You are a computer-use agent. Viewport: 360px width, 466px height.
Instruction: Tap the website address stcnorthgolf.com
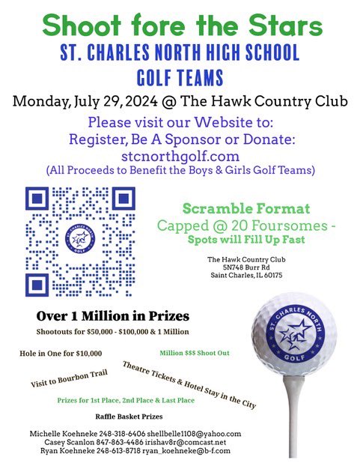click(180, 157)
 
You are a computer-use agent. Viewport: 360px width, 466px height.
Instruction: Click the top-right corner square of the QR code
click(123, 199)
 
